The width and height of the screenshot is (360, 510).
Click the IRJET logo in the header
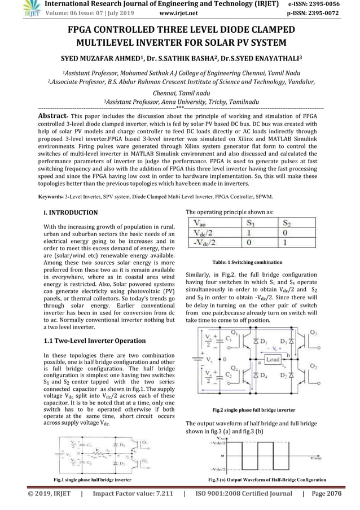click(x=11, y=7)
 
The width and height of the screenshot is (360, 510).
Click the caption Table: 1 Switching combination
click(x=255, y=263)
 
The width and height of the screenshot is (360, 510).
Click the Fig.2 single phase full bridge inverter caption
click(x=254, y=408)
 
